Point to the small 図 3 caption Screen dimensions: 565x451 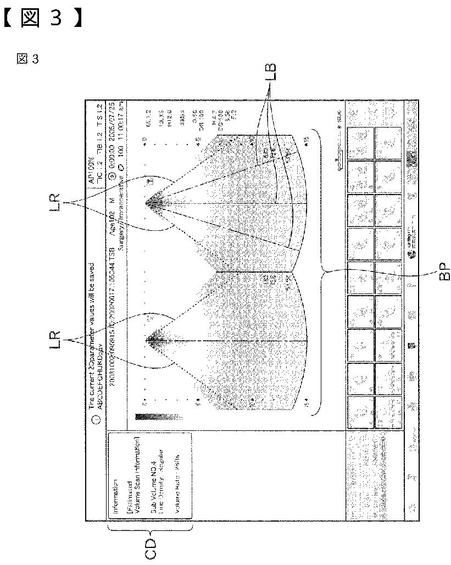pyautogui.click(x=27, y=59)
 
